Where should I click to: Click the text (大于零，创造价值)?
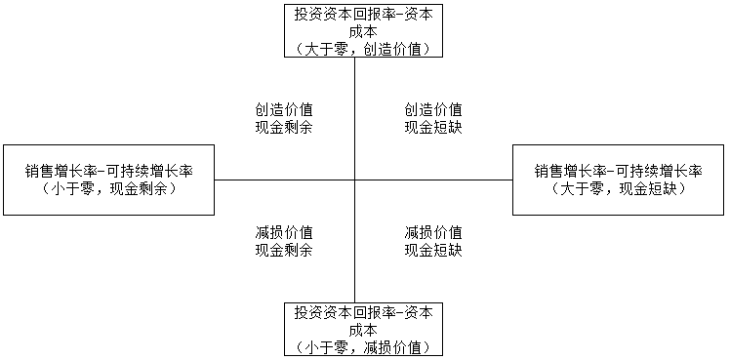click(362, 48)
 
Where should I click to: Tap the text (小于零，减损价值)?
click(362, 346)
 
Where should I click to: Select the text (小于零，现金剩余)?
click(109, 188)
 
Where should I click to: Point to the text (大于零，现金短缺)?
click(619, 188)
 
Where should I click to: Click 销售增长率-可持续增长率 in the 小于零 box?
click(109, 171)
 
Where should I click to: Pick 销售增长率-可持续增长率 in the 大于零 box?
click(619, 171)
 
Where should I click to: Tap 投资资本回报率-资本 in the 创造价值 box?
click(362, 14)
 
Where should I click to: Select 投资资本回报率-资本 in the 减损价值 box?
click(362, 312)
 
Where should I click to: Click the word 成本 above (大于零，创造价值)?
click(362, 30)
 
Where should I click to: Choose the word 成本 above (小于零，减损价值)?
click(362, 329)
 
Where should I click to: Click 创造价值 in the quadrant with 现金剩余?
click(284, 108)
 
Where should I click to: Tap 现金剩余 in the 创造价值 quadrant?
click(284, 126)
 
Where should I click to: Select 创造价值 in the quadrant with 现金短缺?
click(433, 108)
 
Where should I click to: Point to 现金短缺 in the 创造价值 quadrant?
click(433, 126)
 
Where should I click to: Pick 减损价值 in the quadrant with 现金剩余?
click(284, 232)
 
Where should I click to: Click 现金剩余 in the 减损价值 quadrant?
click(284, 250)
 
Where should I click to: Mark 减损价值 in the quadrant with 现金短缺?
click(433, 232)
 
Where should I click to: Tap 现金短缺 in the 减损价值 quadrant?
click(433, 250)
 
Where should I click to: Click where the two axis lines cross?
click(354, 180)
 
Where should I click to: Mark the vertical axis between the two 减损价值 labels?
click(354, 234)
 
